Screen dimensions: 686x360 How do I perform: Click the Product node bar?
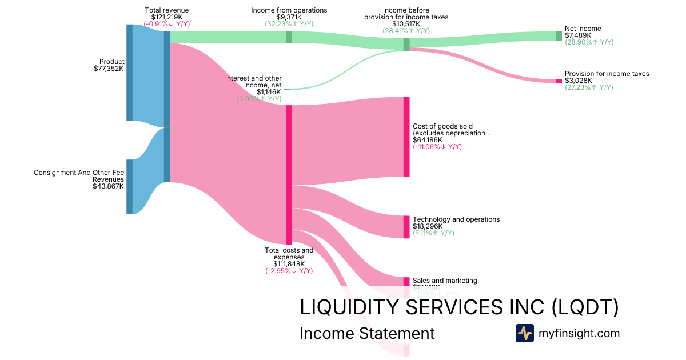click(x=129, y=73)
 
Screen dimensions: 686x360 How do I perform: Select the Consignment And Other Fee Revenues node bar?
click(x=129, y=187)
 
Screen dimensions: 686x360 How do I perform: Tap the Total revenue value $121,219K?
click(x=167, y=17)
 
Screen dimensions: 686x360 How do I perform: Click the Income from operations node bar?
click(x=289, y=37)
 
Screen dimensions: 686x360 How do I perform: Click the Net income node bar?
click(x=559, y=35)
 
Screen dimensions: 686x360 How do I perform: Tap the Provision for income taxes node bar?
click(x=559, y=81)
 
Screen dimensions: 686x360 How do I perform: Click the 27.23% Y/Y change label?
click(x=589, y=87)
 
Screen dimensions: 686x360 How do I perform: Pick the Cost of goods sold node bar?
click(x=406, y=137)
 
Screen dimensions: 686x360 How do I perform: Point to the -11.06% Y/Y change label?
click(x=437, y=147)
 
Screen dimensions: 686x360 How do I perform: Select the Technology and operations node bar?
click(x=406, y=227)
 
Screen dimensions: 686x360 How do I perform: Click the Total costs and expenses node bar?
click(x=289, y=174)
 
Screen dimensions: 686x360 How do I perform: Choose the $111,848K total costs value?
click(x=289, y=263)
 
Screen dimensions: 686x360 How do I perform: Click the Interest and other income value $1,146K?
click(x=269, y=91)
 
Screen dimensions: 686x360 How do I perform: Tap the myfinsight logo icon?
click(x=524, y=333)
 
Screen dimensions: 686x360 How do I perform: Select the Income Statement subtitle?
click(x=367, y=333)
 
